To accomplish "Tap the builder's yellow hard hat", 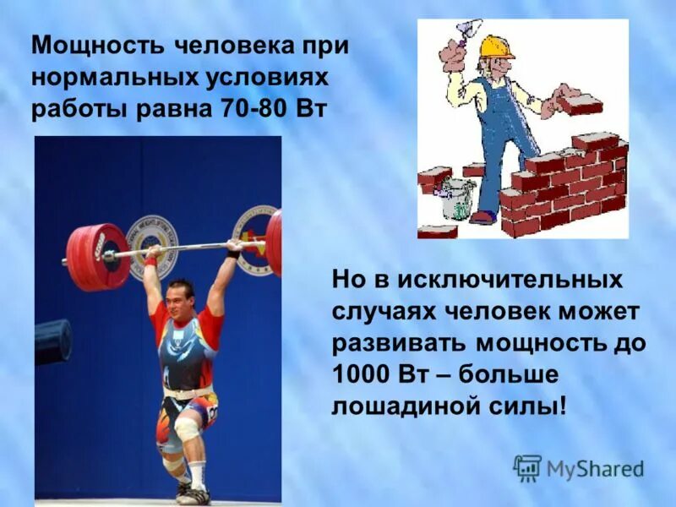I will (494, 46).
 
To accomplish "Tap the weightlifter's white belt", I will (188, 392).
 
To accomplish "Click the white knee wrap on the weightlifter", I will (187, 431).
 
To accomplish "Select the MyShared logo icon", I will (527, 468).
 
